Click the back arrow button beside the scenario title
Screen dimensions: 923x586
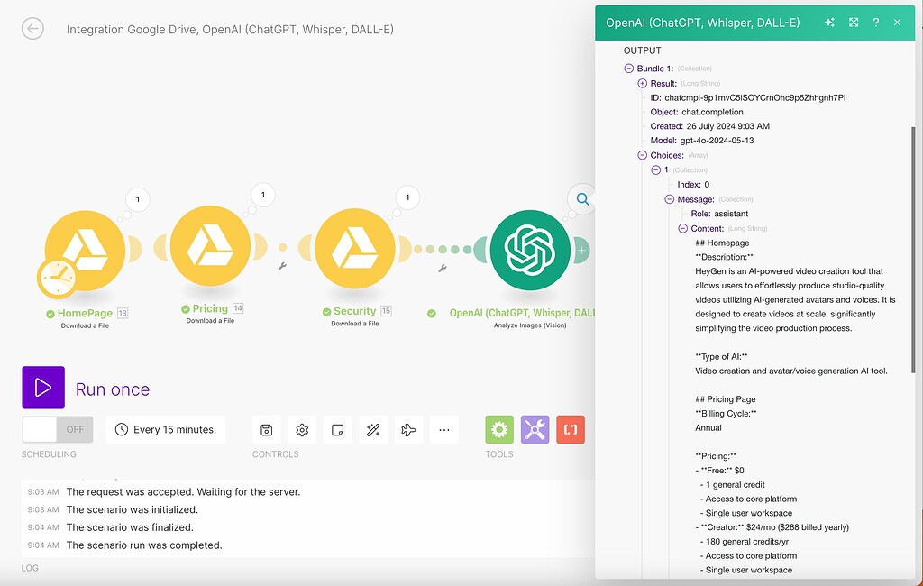(x=32, y=29)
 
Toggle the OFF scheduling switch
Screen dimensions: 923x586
(x=58, y=429)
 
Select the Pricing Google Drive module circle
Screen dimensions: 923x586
(x=210, y=247)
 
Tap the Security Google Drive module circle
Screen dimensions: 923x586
(x=355, y=247)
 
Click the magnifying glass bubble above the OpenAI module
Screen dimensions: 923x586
(x=582, y=199)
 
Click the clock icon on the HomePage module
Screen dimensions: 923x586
(x=56, y=279)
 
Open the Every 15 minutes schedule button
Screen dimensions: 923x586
(x=166, y=429)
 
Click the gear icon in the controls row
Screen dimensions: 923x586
(x=302, y=430)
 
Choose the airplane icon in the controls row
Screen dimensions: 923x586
(x=408, y=430)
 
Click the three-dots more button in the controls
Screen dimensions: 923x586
(x=443, y=430)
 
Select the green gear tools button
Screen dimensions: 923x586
(x=499, y=430)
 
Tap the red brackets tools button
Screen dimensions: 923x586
(x=570, y=430)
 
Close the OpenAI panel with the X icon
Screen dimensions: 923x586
(x=897, y=23)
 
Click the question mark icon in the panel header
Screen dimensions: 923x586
(x=875, y=23)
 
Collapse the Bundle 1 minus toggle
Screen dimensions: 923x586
(x=628, y=69)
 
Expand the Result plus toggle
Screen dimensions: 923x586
(x=642, y=83)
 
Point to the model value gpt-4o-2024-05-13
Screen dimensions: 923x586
(x=717, y=141)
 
